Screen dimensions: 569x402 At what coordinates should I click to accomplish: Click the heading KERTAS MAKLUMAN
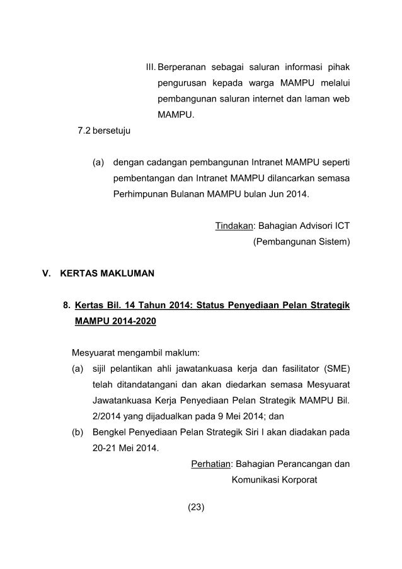pyautogui.click(x=106, y=274)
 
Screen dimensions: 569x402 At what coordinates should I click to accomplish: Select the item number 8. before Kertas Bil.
pyautogui.click(x=66, y=307)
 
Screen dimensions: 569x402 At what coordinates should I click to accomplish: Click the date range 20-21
pyautogui.click(x=86, y=449)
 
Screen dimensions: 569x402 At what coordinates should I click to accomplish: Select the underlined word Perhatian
pyautogui.click(x=210, y=465)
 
